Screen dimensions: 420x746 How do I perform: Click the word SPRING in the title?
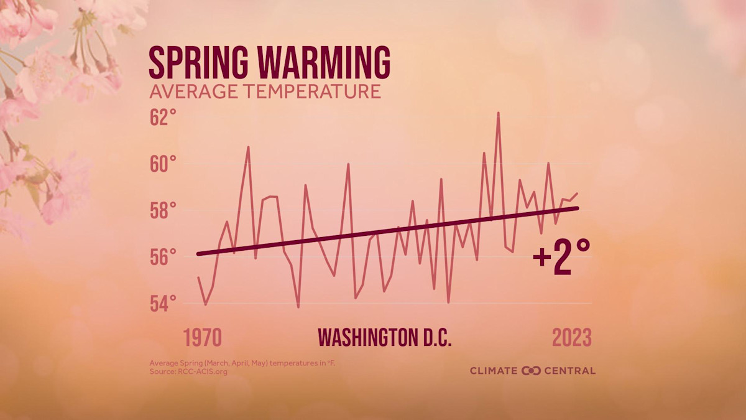(198, 63)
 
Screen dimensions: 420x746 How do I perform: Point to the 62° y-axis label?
(163, 118)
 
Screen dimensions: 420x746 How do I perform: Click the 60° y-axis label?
(163, 164)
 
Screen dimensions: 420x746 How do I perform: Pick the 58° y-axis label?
(163, 211)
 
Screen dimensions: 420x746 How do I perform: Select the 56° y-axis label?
(163, 257)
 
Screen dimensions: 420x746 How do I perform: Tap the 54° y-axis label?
(163, 304)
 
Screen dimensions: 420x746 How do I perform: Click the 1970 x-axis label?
(202, 338)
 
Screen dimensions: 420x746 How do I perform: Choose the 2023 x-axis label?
(572, 338)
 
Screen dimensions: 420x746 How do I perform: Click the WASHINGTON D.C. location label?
(384, 338)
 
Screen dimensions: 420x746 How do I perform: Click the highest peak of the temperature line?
(498, 113)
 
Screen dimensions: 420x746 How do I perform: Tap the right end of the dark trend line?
(578, 208)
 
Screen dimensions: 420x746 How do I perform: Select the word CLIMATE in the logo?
(494, 371)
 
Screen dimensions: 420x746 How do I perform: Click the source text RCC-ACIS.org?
(203, 371)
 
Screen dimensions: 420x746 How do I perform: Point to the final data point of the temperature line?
(578, 194)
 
